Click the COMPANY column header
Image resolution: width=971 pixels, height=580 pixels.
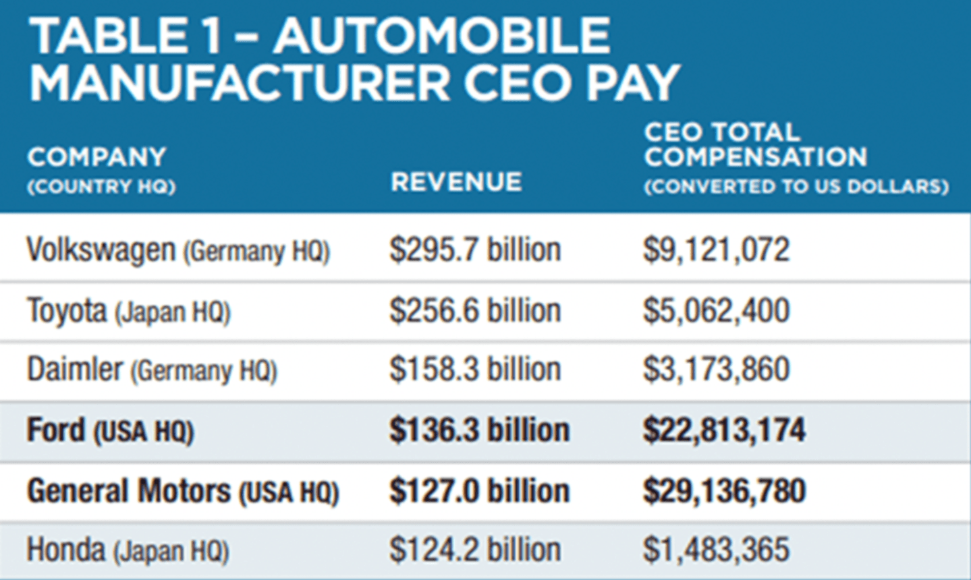click(96, 157)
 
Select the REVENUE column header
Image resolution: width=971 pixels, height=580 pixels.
click(456, 182)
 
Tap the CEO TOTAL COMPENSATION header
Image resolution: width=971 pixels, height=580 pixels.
click(754, 144)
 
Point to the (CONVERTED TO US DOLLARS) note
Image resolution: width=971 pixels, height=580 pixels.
click(796, 187)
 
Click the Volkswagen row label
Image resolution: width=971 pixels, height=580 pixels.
click(101, 250)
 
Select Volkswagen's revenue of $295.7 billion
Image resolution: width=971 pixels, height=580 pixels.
click(475, 250)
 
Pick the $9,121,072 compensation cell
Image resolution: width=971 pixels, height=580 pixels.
click(716, 250)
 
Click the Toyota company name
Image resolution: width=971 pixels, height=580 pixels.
click(67, 311)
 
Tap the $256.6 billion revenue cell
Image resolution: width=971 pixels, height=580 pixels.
click(475, 311)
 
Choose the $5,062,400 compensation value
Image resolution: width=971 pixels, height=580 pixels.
click(716, 311)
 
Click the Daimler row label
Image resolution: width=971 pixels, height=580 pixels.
click(75, 370)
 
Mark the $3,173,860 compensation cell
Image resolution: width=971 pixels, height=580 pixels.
click(716, 370)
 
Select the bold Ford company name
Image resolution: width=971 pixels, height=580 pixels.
click(56, 430)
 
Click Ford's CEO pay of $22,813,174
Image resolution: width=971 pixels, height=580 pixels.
click(724, 430)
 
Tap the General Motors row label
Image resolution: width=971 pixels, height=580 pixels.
click(128, 491)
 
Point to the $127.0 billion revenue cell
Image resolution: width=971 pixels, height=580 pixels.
click(479, 491)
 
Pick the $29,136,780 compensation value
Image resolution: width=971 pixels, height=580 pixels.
click(724, 491)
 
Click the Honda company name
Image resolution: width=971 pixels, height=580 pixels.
click(66, 550)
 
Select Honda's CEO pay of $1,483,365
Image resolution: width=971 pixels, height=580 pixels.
click(716, 550)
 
